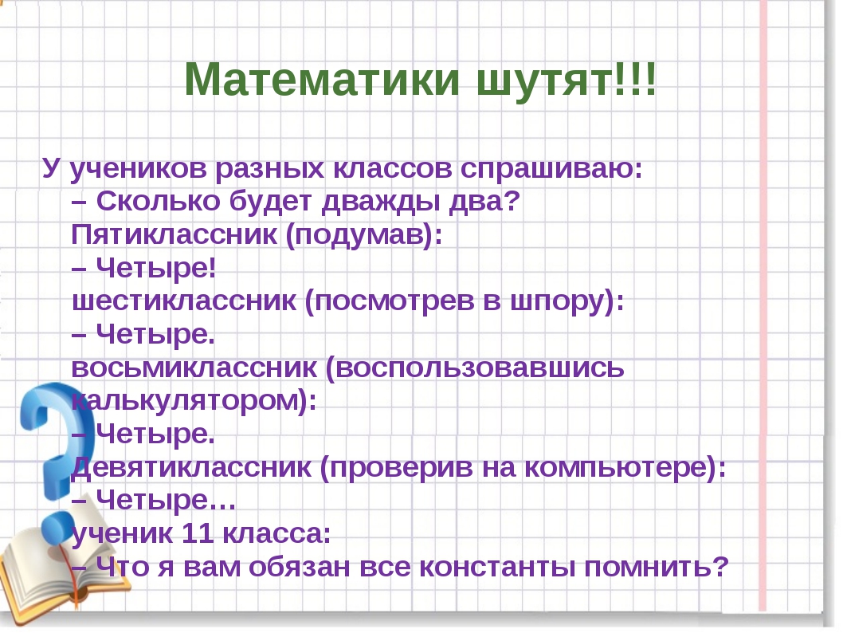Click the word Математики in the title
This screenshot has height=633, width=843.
pos(322,79)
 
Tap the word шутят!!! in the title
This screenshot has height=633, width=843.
pos(567,79)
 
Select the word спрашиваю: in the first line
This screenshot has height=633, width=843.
pos(551,170)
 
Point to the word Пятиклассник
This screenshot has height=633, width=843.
pos(174,234)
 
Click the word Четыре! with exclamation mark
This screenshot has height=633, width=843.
pos(156,268)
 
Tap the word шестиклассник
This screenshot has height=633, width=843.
pos(184,302)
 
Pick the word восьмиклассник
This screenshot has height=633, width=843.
pos(194,368)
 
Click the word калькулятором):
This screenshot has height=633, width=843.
pos(194,401)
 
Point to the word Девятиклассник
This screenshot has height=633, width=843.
pos(191,468)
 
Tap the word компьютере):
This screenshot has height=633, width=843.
pos(625,469)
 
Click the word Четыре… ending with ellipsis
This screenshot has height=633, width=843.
pos(166,500)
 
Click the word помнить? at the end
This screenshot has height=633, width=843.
pos(657,567)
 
